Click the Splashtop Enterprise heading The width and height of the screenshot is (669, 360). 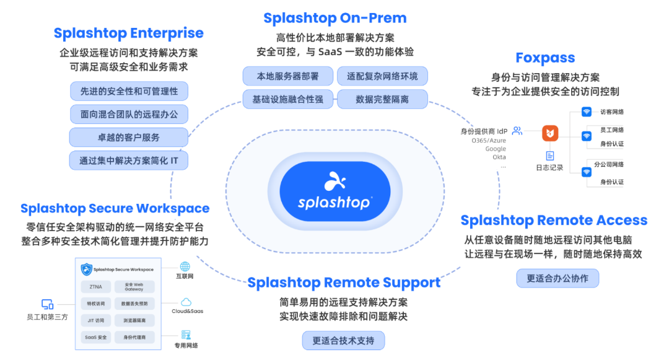[128, 33]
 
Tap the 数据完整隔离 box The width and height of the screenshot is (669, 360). [382, 99]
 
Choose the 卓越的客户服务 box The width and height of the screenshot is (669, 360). [128, 137]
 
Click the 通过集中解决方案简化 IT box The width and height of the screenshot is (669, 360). [128, 160]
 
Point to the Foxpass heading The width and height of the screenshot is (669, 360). [545, 58]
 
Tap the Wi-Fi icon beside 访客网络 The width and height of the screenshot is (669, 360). [586, 112]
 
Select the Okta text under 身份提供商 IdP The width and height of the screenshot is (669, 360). [499, 157]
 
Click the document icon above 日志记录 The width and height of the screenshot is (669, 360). [549, 156]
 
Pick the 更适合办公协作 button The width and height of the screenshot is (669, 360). [557, 279]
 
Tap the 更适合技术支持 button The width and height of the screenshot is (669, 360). [343, 341]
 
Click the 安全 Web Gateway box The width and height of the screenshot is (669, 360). [134, 287]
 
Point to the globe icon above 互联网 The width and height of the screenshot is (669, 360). [185, 266]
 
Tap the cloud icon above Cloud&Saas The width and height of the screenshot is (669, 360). [186, 301]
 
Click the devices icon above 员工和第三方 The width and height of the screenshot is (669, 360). [47, 304]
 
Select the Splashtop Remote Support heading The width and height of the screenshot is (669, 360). [344, 283]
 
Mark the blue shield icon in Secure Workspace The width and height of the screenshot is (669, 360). [87, 270]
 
